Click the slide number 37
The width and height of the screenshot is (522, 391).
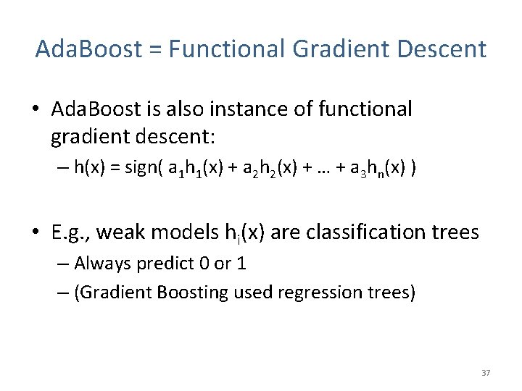click(486, 373)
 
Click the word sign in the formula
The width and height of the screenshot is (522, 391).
click(142, 169)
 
